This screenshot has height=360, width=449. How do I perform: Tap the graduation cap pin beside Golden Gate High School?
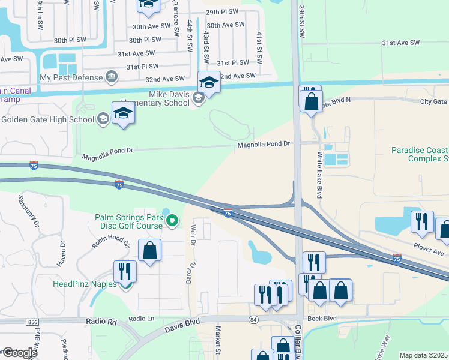(123, 114)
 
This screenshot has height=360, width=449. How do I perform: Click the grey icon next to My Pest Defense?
(111, 77)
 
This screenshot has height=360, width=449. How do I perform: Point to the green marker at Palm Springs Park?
(173, 221)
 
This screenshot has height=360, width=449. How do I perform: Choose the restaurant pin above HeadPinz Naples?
(125, 271)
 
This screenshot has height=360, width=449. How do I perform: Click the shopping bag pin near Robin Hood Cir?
(149, 250)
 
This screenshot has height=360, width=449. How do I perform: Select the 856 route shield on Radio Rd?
(32, 322)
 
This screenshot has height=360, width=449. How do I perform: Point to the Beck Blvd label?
(321, 319)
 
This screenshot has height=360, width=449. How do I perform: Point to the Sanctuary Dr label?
(28, 210)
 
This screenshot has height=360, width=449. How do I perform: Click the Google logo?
(19, 353)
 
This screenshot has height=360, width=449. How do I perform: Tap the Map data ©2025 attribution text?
(423, 355)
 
